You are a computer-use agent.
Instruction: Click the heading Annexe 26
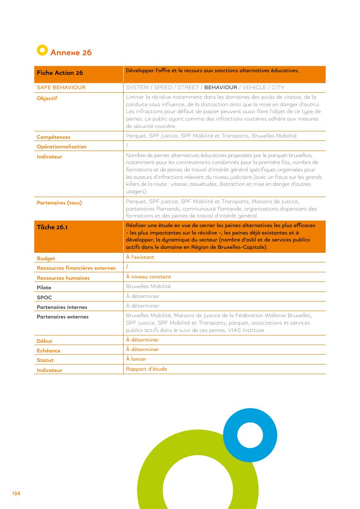pos(71,53)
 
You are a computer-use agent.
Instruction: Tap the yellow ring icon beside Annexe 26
pos(42,50)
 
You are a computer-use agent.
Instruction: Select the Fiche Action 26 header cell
pos(60,73)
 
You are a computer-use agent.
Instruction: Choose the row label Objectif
pos(47,98)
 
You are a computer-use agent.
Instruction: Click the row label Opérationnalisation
pos(61,147)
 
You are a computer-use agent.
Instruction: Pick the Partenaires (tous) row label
pos(59,203)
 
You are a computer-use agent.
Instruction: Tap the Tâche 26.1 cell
pos(52,227)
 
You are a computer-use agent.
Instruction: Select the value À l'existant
pos(140,257)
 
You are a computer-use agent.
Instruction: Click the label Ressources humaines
pos(63,278)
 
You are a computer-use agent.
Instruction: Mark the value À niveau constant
pos(148,277)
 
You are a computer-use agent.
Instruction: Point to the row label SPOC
pos(44,298)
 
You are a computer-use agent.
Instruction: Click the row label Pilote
pos(44,288)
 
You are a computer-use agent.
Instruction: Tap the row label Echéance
pos(49,351)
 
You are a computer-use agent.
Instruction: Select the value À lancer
pos(136,359)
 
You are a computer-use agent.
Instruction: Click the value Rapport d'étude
pos(146,369)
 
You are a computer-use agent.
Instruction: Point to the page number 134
pos(16,493)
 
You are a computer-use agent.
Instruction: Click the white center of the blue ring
pos(250,435)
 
